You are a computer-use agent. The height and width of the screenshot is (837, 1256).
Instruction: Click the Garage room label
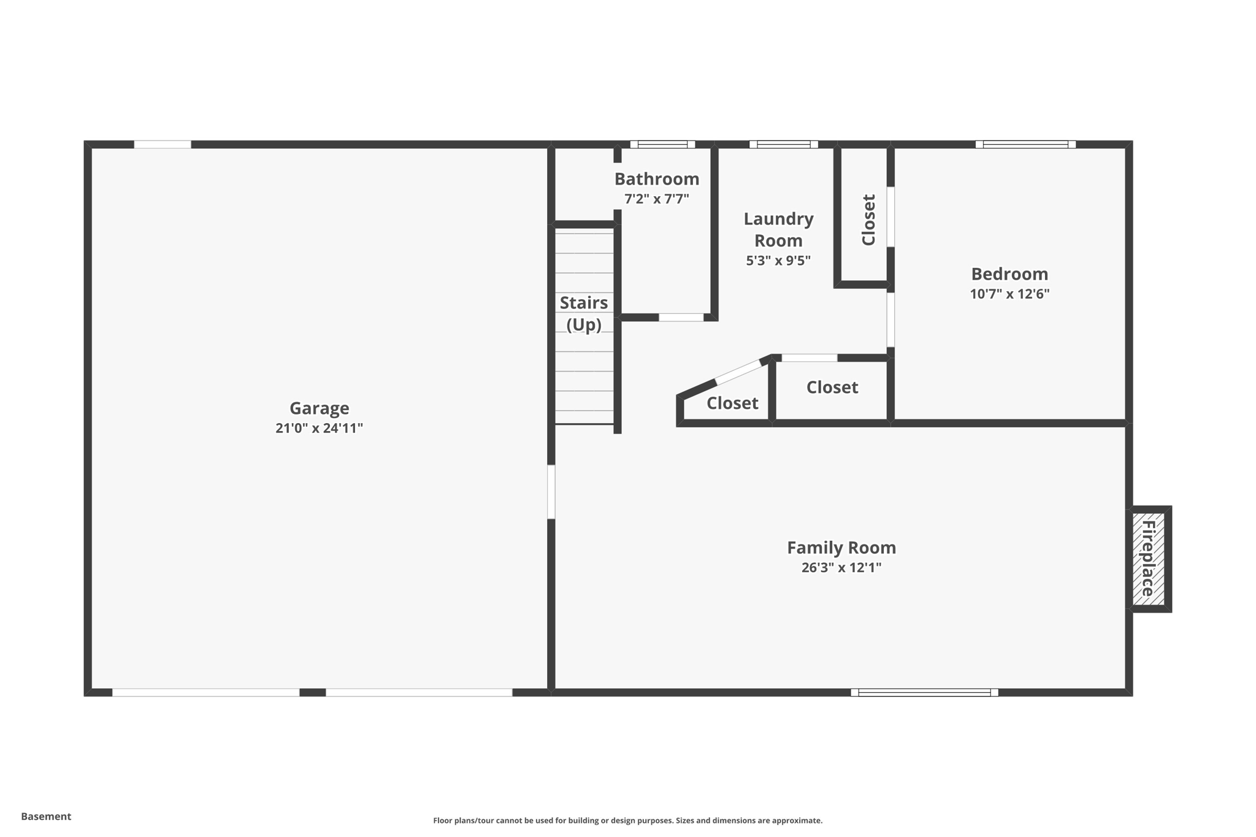(x=319, y=408)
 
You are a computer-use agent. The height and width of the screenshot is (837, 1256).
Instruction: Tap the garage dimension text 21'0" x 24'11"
(x=319, y=428)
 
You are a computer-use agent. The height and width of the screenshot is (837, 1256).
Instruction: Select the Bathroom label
(x=657, y=178)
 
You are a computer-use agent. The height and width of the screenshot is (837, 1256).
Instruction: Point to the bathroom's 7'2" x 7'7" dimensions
(x=657, y=199)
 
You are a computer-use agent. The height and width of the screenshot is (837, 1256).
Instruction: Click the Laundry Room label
(x=778, y=229)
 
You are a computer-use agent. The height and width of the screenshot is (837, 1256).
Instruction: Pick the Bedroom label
(x=1009, y=273)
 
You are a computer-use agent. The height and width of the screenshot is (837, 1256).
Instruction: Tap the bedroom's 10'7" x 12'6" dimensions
(x=1009, y=294)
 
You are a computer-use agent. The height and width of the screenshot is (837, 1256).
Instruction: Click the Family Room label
(x=841, y=547)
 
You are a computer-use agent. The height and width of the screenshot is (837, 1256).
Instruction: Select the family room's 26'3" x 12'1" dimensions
(x=841, y=567)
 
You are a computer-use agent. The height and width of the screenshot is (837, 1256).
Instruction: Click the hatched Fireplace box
(x=1148, y=559)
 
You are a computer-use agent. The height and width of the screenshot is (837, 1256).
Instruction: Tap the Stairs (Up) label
(x=584, y=313)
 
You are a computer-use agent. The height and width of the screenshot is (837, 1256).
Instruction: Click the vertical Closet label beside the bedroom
(x=868, y=220)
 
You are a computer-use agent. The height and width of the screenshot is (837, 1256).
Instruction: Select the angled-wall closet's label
(x=732, y=403)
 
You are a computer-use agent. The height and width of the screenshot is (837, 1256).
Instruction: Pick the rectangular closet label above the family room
(x=832, y=387)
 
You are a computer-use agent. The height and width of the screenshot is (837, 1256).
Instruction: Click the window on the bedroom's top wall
(x=1025, y=145)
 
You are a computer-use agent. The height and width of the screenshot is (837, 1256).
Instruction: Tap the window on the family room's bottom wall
(x=924, y=692)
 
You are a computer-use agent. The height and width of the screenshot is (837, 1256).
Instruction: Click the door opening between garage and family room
(x=551, y=492)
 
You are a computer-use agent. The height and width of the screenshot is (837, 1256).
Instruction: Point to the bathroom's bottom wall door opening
(x=681, y=317)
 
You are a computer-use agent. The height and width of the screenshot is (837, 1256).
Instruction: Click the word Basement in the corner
(x=46, y=816)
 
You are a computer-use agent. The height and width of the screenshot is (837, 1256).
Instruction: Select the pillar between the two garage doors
(x=312, y=692)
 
